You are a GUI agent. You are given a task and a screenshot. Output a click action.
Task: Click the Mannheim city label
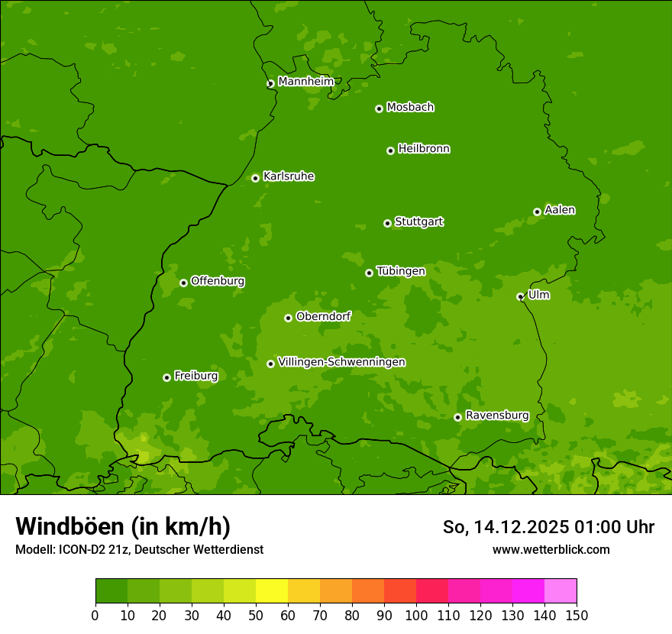pyautogui.click(x=305, y=82)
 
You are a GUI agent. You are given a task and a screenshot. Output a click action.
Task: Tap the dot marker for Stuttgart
pyautogui.click(x=387, y=223)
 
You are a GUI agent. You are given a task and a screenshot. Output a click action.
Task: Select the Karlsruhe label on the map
pyautogui.click(x=288, y=176)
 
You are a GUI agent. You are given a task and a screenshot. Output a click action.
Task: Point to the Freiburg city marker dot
pyautogui.click(x=166, y=377)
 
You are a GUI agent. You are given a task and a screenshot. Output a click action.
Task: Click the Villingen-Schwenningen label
pyautogui.click(x=341, y=362)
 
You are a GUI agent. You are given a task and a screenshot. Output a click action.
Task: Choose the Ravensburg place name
pyautogui.click(x=496, y=416)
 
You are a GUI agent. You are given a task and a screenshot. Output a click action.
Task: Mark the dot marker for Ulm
pyautogui.click(x=520, y=296)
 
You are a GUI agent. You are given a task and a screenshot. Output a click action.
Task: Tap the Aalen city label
pyautogui.click(x=559, y=210)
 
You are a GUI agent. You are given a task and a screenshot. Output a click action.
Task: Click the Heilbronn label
pyautogui.click(x=423, y=149)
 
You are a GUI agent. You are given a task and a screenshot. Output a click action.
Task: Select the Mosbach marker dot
pyautogui.click(x=379, y=108)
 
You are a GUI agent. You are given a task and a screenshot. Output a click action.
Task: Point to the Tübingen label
pyautogui.click(x=400, y=271)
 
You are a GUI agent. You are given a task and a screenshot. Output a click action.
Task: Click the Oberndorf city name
pyautogui.click(x=323, y=316)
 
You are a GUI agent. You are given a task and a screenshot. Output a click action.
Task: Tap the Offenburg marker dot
pyautogui.click(x=183, y=283)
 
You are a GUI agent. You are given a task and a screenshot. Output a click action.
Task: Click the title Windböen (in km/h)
pyautogui.click(x=123, y=526)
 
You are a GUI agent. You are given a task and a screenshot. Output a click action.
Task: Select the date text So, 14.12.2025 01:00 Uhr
pyautogui.click(x=548, y=527)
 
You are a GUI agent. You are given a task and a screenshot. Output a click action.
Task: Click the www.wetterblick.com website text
pyautogui.click(x=551, y=549)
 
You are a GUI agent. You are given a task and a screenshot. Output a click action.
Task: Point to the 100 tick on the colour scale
pyautogui.click(x=416, y=615)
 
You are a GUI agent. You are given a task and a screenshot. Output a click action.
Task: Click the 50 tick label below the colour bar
pyautogui.click(x=256, y=615)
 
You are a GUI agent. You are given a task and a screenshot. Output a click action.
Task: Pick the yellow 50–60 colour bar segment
pyautogui.click(x=272, y=591)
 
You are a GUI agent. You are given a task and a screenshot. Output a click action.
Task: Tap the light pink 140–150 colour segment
pyautogui.click(x=561, y=591)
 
